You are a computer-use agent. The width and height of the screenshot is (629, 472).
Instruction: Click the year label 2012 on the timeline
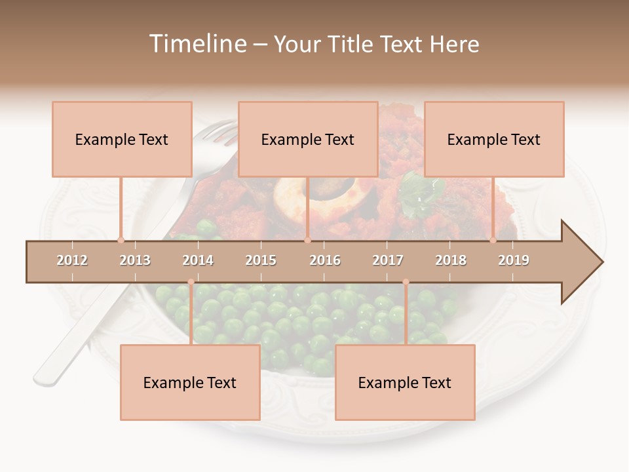72,260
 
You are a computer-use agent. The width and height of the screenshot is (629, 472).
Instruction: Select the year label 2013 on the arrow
135,260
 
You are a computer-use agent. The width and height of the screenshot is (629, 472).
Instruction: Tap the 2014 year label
198,260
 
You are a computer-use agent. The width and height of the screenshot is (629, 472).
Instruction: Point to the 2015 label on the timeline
261,260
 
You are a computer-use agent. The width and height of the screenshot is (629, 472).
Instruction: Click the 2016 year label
325,260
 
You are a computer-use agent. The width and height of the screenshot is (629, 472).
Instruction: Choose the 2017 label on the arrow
388,260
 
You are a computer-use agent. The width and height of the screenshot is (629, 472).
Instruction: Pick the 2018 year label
451,260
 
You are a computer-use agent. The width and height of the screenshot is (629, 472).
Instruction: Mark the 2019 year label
514,260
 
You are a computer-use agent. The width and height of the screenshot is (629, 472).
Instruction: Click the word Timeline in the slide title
197,44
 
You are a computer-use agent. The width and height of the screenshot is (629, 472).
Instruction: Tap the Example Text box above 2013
122,139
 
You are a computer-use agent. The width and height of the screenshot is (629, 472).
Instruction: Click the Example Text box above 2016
308,139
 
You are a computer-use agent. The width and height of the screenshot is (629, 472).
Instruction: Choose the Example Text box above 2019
494,139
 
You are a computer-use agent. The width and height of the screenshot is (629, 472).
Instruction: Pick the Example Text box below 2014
190,382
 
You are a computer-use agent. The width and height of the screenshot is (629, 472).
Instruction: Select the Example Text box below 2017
405,382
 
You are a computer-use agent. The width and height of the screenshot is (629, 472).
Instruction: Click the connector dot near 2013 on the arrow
121,240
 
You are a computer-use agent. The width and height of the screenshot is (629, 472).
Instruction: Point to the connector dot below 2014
191,282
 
